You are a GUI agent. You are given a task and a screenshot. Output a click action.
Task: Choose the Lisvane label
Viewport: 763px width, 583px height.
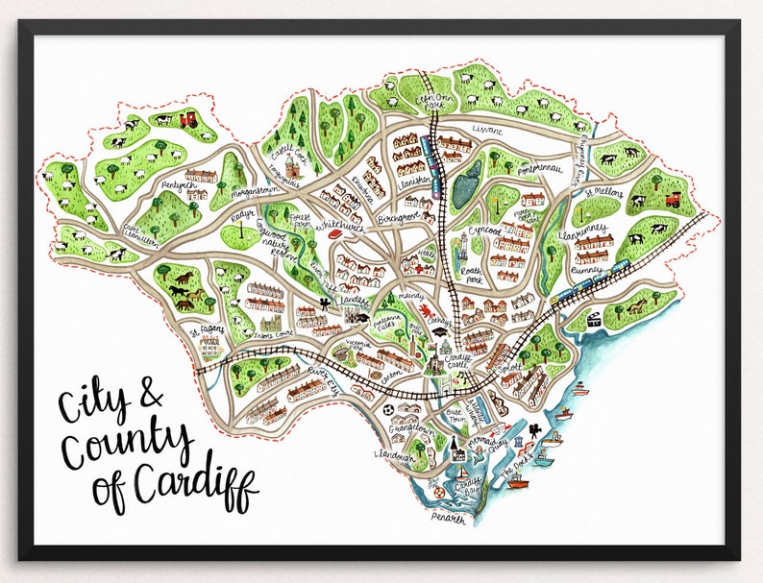tap(490, 128)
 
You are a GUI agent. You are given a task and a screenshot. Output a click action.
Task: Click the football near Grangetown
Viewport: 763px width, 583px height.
tap(385, 410)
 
